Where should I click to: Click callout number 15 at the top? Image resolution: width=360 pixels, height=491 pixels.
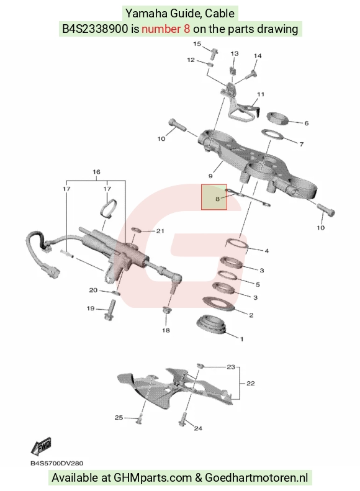[x=197, y=43]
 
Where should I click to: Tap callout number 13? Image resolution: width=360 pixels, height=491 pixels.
[x=235, y=53]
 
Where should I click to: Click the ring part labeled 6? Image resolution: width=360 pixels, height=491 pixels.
[x=277, y=118]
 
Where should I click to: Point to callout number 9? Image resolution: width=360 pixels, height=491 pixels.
[x=210, y=176]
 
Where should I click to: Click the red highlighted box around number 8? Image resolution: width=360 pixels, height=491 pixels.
[x=214, y=197]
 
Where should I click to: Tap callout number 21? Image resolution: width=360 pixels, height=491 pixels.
[x=160, y=231]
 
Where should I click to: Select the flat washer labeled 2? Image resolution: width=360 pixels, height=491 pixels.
[x=219, y=304]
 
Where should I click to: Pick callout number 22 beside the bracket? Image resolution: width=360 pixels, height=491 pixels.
[x=250, y=383]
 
